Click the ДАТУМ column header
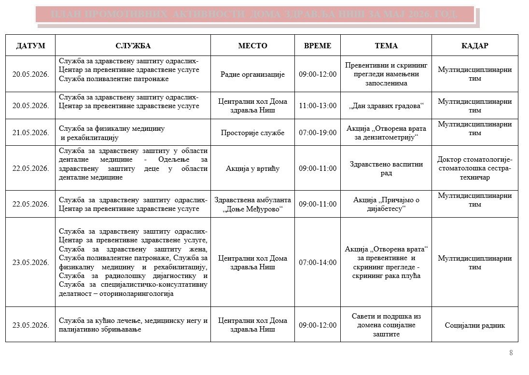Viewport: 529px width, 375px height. click(30, 46)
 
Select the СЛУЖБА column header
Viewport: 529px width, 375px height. click(133, 46)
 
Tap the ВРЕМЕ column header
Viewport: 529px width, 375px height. click(318, 46)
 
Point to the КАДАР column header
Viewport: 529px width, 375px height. click(474, 46)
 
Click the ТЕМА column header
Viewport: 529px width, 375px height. click(386, 46)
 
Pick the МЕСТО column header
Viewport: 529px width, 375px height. click(252, 46)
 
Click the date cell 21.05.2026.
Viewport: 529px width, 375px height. click(30, 133)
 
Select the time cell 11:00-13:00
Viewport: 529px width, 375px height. click(318, 106)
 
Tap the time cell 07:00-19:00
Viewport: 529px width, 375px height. click(318, 133)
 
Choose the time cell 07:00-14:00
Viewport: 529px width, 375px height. click(318, 263)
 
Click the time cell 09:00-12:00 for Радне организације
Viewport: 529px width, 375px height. click(318, 74)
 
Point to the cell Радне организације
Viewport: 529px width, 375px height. click(252, 74)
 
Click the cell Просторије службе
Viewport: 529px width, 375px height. click(252, 133)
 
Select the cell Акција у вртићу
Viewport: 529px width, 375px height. click(252, 168)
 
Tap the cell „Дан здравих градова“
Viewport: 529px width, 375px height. click(386, 106)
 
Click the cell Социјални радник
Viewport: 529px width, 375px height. click(474, 325)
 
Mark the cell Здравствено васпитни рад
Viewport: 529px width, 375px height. click(386, 168)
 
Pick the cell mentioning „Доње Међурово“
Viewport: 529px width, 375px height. click(252, 204)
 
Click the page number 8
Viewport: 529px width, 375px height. click(511, 353)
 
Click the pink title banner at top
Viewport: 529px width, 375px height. click(254, 14)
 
